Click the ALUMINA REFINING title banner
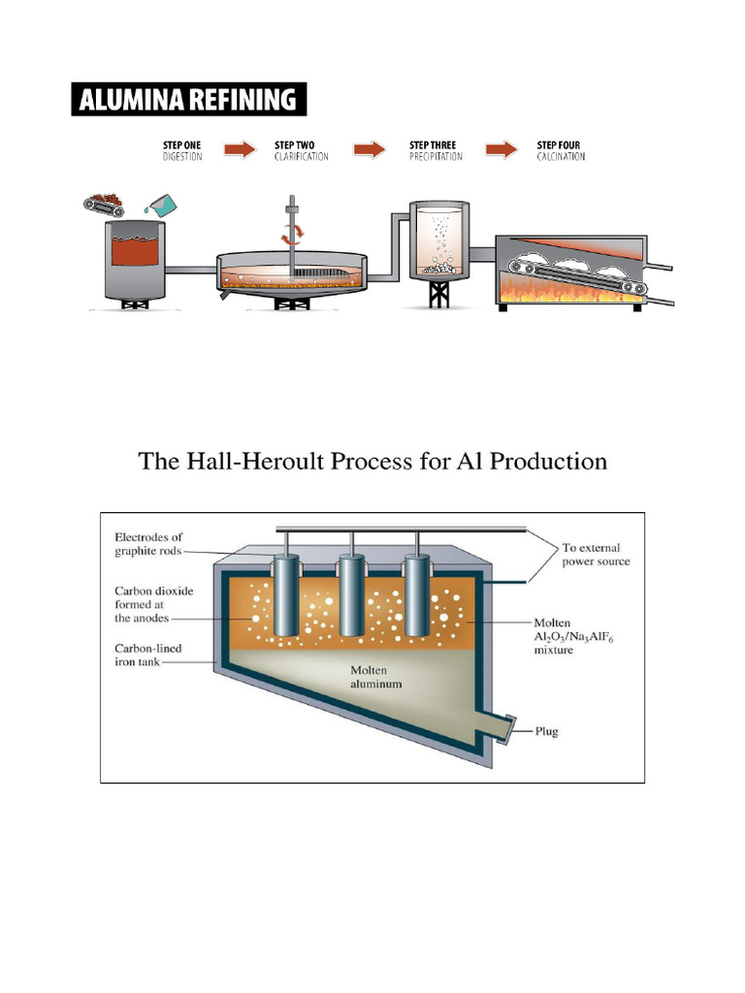(x=189, y=99)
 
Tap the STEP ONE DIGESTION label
(x=182, y=150)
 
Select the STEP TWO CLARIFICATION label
(x=301, y=150)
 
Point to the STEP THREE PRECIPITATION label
(x=436, y=150)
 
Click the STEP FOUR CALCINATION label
(x=561, y=150)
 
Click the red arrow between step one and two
(x=239, y=149)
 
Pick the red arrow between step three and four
(x=501, y=149)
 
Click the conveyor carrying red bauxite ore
(x=103, y=205)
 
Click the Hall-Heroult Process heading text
(x=372, y=461)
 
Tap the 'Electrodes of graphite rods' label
(x=148, y=544)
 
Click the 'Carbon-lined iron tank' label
(x=147, y=656)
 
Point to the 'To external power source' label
(x=596, y=555)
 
